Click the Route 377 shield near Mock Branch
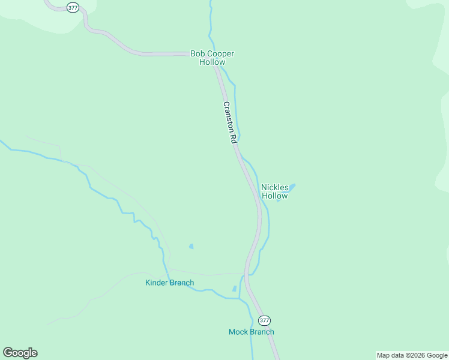tap(265, 320)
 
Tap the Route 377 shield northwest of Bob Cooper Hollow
tap(73, 8)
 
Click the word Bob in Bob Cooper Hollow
tap(197, 53)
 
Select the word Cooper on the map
tap(220, 53)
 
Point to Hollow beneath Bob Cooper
tap(212, 62)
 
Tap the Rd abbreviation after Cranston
tap(234, 138)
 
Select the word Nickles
tap(275, 187)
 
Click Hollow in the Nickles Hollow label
tap(275, 196)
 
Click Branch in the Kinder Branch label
tap(181, 283)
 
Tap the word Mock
tap(238, 332)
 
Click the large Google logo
tap(20, 353)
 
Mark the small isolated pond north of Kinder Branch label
tap(191, 246)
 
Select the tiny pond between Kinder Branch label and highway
tap(235, 289)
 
